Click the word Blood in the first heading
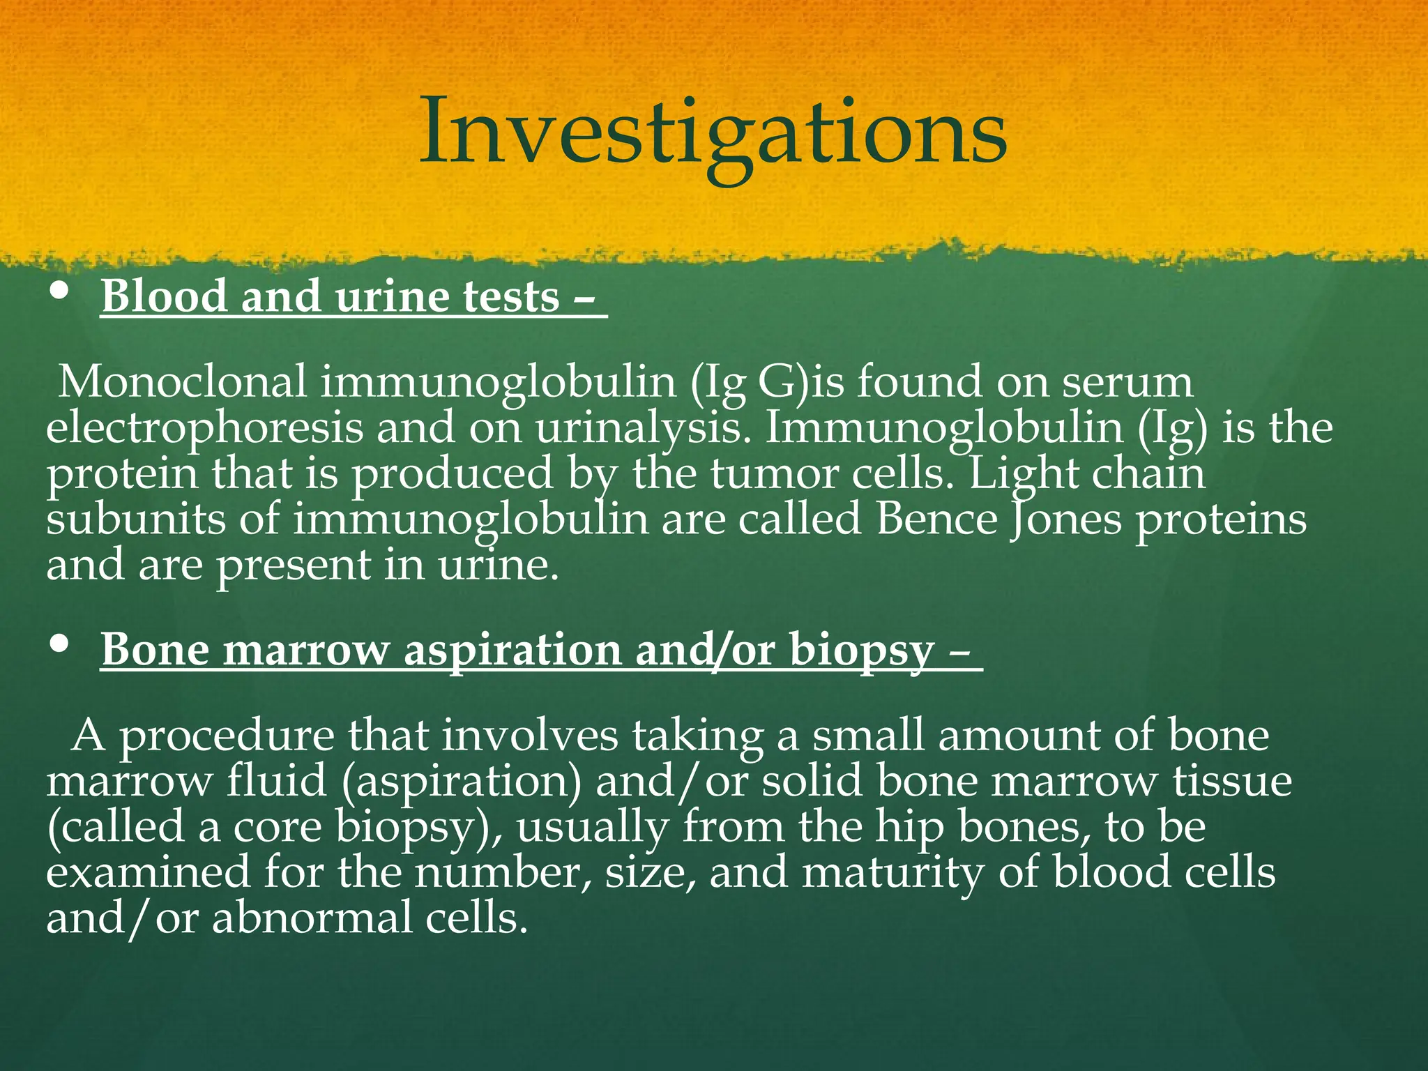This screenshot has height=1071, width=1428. pos(165,296)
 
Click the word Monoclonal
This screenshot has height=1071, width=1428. pos(183,382)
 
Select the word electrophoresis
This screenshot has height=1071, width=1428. pos(205,428)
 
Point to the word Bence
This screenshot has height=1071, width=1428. pos(937,519)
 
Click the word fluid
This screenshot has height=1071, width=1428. pos(277,782)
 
